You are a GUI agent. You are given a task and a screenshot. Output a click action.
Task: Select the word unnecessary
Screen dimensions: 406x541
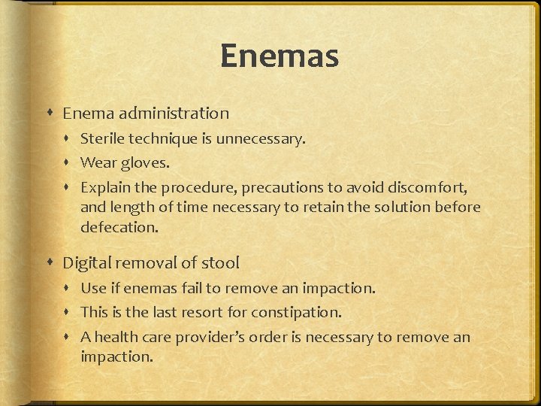[264, 139]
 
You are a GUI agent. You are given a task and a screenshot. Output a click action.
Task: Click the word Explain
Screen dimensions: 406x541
[104, 187]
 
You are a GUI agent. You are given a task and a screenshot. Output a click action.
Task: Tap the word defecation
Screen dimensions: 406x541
[119, 228]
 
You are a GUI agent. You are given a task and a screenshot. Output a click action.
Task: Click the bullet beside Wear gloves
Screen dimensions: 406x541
[69, 163]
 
